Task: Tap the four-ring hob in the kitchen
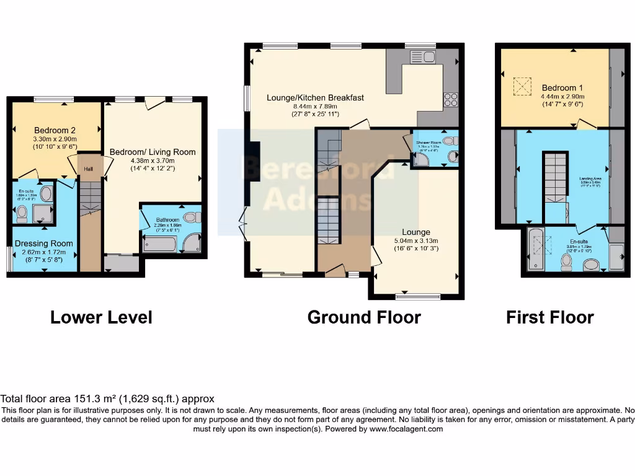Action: [x=450, y=99]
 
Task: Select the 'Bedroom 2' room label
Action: [x=55, y=130]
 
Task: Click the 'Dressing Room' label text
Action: [x=43, y=244]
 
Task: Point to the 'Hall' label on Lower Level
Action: [x=89, y=168]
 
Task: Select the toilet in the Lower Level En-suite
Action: [x=22, y=214]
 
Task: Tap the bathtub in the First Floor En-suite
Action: [x=535, y=249]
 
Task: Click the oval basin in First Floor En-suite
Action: [x=591, y=265]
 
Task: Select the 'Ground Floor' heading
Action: [x=364, y=317]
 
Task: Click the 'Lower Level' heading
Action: [x=101, y=317]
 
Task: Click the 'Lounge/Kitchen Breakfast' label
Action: [x=315, y=97]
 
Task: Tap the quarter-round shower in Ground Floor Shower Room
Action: [x=421, y=160]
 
